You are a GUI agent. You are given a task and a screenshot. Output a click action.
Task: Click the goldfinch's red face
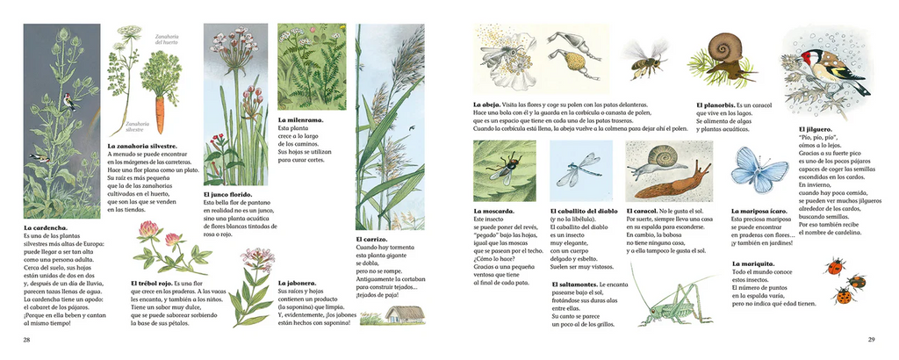click(x=805, y=59)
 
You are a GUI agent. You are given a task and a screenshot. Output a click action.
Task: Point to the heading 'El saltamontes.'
click(x=579, y=285)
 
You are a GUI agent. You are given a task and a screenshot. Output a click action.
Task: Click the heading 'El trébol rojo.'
click(x=155, y=284)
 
